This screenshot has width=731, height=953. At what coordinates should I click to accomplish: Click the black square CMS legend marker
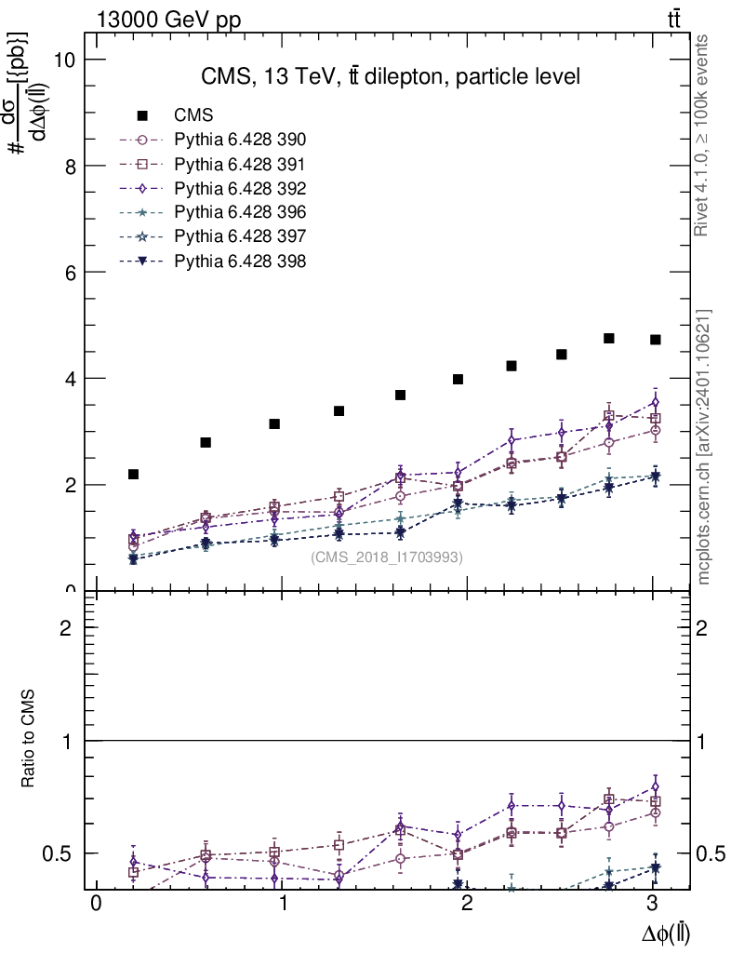pyautogui.click(x=143, y=116)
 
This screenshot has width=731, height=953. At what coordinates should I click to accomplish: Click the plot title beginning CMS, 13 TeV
pyautogui.click(x=391, y=77)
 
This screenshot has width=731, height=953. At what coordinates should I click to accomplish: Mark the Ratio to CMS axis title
pyautogui.click(x=29, y=740)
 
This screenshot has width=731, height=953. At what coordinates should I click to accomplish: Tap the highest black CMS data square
pyautogui.click(x=609, y=338)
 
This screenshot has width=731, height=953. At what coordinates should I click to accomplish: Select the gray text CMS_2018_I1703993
pyautogui.click(x=387, y=557)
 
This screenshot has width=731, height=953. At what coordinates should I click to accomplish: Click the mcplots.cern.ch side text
pyautogui.click(x=703, y=447)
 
